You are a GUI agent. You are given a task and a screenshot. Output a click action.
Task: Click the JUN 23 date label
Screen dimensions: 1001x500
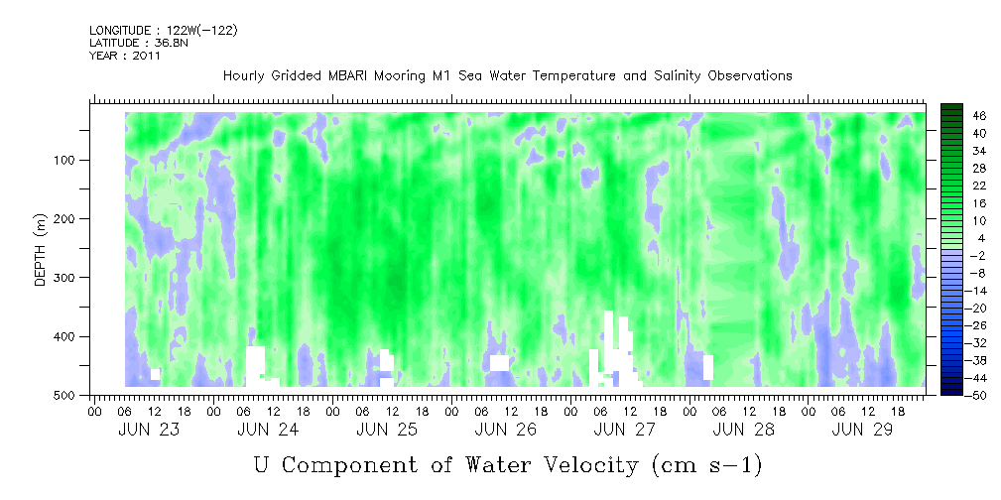pos(149,430)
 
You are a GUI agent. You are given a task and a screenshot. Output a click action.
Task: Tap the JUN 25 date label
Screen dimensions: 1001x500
pos(387,430)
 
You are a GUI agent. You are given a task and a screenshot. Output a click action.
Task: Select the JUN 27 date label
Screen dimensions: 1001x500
pos(624,430)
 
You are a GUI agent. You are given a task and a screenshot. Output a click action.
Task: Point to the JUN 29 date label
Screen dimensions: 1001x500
pos(862,430)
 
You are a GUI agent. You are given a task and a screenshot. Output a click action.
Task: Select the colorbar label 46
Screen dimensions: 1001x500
pos(961,116)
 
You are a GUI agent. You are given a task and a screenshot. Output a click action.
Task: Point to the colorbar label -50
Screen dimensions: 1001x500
pos(959,395)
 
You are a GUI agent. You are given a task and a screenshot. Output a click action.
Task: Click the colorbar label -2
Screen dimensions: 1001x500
pos(961,255)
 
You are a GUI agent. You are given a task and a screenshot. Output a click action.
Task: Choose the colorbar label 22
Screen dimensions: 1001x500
pos(961,190)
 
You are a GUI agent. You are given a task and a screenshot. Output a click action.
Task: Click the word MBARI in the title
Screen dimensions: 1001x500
pos(351,76)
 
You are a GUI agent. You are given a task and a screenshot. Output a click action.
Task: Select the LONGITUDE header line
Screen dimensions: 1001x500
pos(164,30)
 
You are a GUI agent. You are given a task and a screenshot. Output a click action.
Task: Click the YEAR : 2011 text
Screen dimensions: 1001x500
pos(125,56)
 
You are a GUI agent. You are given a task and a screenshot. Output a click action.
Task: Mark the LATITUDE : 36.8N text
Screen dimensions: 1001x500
pos(139,43)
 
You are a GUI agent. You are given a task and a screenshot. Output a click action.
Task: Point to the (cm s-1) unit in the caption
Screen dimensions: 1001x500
pos(706,465)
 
